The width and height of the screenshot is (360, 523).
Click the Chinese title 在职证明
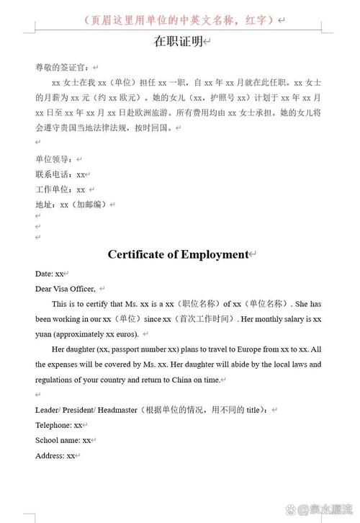click(x=179, y=43)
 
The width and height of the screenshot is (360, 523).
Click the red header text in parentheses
click(x=179, y=19)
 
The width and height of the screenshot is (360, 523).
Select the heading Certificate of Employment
click(x=178, y=254)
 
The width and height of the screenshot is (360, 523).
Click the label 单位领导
click(x=54, y=159)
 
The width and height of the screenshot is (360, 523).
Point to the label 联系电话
click(x=54, y=174)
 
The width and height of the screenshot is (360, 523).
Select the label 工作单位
click(x=54, y=189)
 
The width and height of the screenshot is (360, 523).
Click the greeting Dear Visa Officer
click(x=66, y=289)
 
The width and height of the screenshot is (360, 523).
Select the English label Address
click(x=50, y=456)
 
